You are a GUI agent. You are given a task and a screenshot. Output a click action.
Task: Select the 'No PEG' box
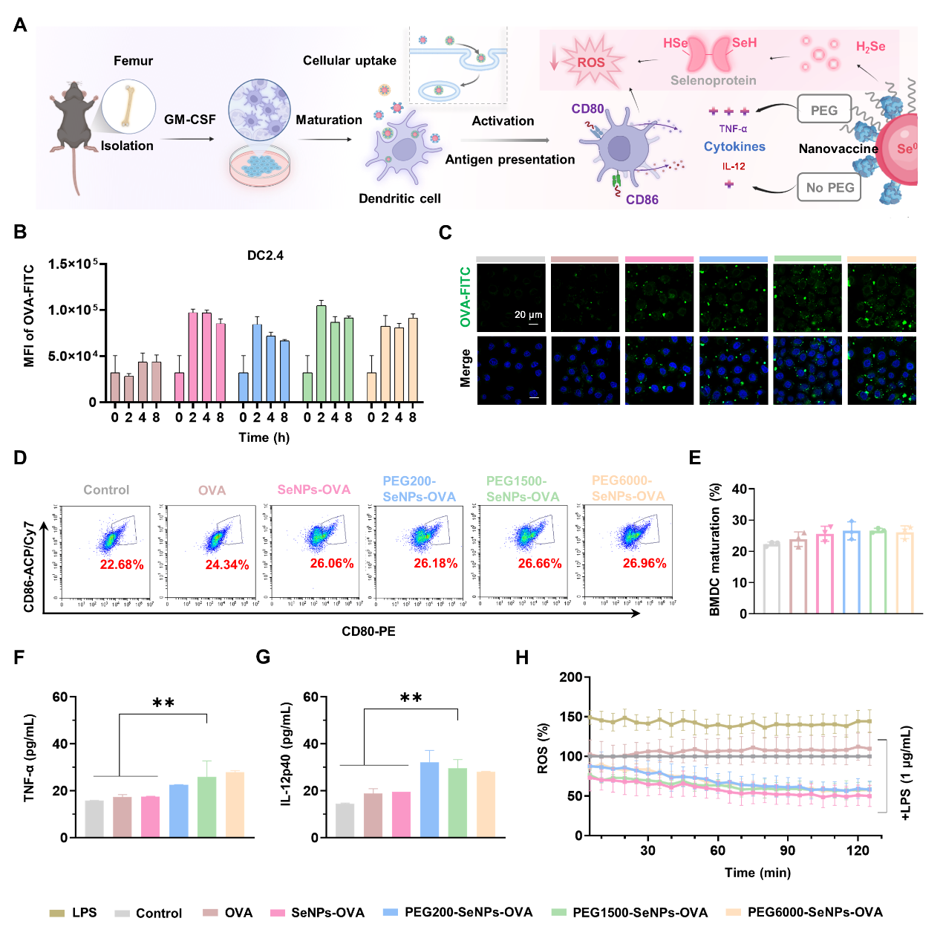[x=829, y=187]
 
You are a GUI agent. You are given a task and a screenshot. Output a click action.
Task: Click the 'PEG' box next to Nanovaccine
[x=823, y=111]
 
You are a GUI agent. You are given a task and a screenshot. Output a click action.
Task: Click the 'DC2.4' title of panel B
[x=265, y=256]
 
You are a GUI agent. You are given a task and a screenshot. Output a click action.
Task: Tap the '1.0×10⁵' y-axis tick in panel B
[x=73, y=310]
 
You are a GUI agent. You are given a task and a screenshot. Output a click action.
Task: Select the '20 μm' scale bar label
[x=528, y=314]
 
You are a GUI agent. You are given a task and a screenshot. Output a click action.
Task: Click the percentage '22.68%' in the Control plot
[x=122, y=564]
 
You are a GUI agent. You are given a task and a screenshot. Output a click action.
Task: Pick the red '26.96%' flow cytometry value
[x=644, y=563]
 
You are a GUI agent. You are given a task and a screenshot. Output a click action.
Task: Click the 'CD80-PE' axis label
[x=368, y=631]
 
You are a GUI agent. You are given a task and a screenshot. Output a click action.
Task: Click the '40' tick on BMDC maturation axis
[x=739, y=489]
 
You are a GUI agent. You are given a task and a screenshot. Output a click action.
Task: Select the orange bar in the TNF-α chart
[x=235, y=804]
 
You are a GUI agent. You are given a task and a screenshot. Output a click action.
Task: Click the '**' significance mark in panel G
[x=411, y=698]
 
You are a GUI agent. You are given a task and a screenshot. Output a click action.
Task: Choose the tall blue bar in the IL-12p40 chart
[x=429, y=799]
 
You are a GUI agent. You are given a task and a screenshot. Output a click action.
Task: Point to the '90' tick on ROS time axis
[x=787, y=850]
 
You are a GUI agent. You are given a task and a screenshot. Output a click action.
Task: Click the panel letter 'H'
[x=522, y=657]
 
